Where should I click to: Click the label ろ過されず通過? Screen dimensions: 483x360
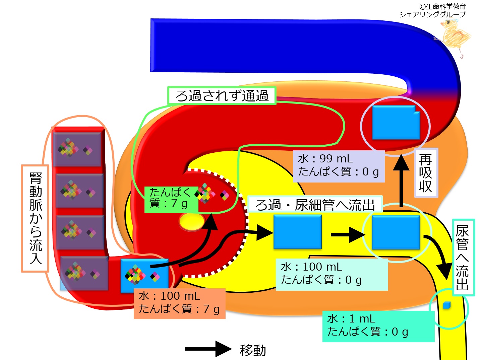222,95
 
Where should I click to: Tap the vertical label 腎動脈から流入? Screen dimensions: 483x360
35,218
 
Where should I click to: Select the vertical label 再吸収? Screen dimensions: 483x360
426,173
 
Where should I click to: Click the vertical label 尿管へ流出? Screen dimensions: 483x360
464,258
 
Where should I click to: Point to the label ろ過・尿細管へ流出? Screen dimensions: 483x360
315,205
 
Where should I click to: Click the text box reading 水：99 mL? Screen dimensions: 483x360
339,166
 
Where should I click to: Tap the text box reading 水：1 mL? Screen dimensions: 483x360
378,326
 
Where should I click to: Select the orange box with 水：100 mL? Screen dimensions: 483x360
180,303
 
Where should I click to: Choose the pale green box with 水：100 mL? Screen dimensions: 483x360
332,274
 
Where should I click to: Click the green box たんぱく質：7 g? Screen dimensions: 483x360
171,200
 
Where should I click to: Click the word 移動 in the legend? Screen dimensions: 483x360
253,350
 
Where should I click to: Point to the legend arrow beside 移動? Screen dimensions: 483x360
208,349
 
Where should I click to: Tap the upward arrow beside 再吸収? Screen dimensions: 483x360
401,181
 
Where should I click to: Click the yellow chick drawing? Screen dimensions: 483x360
455,38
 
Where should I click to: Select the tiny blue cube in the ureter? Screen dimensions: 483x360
447,305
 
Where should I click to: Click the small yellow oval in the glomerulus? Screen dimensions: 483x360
192,222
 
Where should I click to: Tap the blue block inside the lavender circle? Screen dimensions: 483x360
396,122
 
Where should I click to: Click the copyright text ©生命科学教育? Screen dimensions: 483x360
443,7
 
